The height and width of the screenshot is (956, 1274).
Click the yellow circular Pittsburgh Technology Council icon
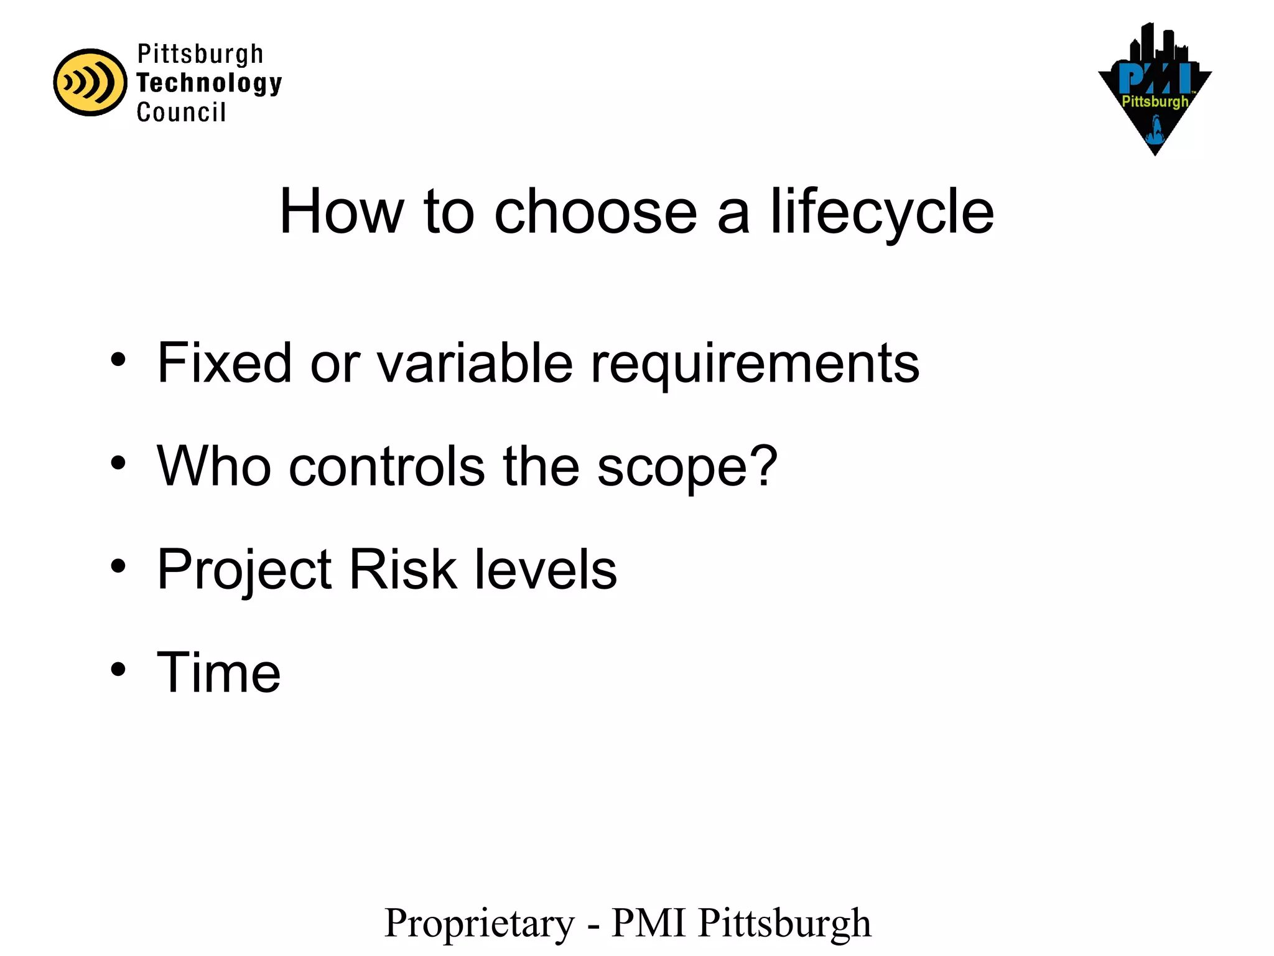(90, 82)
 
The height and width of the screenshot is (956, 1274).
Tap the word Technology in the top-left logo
(209, 83)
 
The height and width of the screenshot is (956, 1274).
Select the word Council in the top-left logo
(181, 112)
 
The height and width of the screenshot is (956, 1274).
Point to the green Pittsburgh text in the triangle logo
(1155, 101)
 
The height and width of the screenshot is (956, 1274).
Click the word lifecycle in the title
(882, 212)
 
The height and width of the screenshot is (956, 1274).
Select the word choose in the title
(595, 212)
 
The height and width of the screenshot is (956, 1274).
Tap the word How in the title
(342, 212)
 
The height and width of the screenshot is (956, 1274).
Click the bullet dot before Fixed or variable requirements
(118, 359)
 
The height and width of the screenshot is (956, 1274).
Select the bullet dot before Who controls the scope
(118, 462)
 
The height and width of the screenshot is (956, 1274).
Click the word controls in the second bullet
(386, 466)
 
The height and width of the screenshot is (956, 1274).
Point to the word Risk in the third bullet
(403, 569)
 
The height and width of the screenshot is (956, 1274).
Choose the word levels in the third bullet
(546, 569)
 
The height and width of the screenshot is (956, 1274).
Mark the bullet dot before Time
(118, 670)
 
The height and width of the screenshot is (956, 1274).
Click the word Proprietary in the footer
(480, 923)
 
